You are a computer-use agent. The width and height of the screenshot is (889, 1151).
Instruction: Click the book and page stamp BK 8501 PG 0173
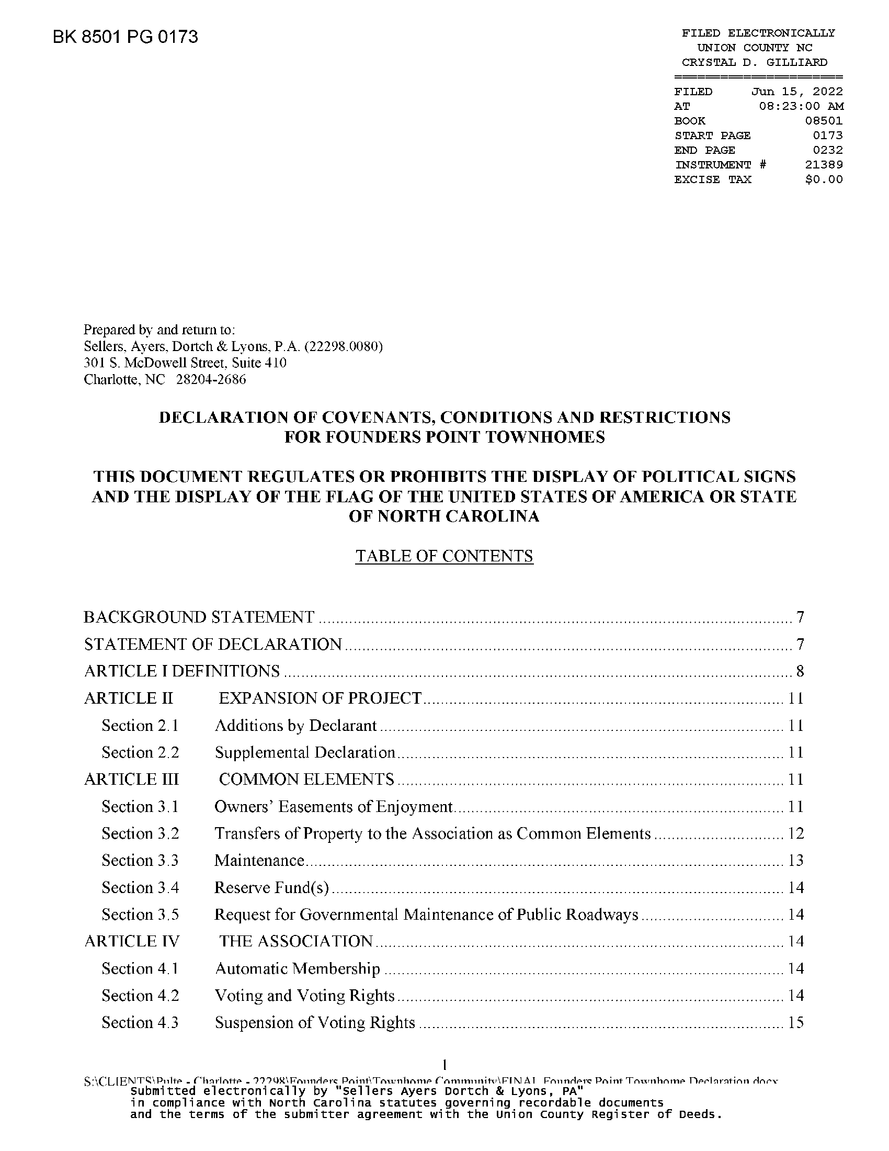click(x=126, y=37)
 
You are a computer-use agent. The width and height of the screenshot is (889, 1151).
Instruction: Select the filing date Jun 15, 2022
click(x=797, y=92)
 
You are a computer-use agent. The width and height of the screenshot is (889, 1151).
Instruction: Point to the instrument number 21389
click(x=824, y=165)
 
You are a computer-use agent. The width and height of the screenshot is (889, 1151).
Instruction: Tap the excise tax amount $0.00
click(x=824, y=179)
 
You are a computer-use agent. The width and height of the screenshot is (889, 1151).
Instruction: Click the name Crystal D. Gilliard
click(x=754, y=62)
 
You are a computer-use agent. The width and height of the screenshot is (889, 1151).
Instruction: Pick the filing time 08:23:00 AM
click(x=801, y=106)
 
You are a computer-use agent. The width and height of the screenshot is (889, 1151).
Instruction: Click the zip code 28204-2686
click(x=211, y=379)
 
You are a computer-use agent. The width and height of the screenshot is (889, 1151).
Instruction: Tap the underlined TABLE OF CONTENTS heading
click(x=444, y=556)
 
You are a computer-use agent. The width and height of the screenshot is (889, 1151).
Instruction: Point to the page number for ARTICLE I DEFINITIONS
click(x=800, y=671)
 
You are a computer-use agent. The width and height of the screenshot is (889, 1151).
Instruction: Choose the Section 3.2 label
click(x=140, y=833)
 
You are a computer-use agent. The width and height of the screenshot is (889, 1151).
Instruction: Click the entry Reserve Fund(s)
click(x=272, y=887)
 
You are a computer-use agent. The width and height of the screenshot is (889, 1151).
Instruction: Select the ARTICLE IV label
click(x=132, y=941)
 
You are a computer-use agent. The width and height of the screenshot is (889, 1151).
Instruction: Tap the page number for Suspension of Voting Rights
click(x=796, y=1022)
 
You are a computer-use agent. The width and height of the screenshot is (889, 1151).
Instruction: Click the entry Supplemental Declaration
click(x=305, y=752)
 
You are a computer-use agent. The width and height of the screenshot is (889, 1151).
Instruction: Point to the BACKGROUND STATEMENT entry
click(x=199, y=617)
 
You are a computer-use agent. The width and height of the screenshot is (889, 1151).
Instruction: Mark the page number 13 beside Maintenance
click(x=796, y=861)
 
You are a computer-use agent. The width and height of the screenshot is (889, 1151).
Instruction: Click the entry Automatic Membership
click(x=298, y=968)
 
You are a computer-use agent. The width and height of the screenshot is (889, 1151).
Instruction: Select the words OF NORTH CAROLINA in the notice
click(x=444, y=516)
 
